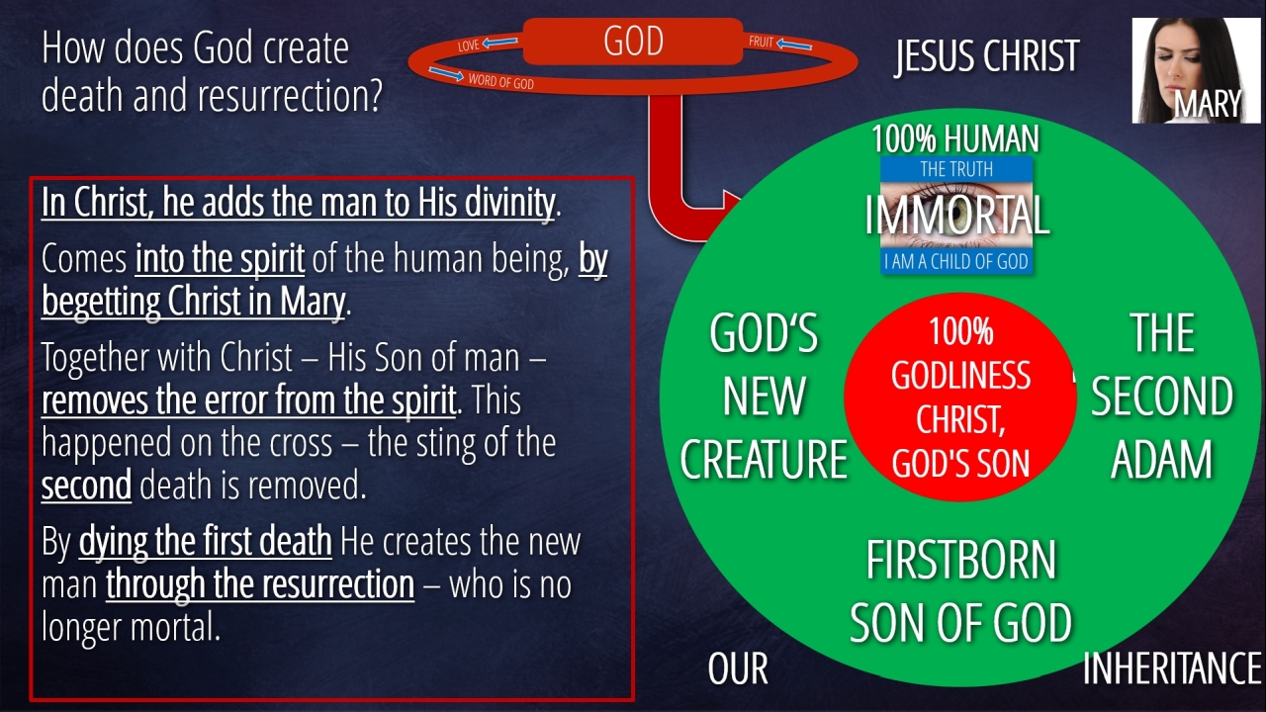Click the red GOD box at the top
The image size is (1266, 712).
pyautogui.click(x=633, y=41)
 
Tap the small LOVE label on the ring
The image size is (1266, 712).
pyautogui.click(x=469, y=45)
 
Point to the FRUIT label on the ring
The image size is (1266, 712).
pyautogui.click(x=761, y=42)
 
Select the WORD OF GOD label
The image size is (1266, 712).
pyautogui.click(x=500, y=81)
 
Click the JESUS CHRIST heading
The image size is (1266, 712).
pyautogui.click(x=987, y=56)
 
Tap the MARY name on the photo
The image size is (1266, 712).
pyautogui.click(x=1208, y=104)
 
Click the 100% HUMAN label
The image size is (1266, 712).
pyautogui.click(x=955, y=138)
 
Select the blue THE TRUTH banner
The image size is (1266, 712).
pyautogui.click(x=956, y=169)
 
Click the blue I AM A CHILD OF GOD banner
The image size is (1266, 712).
pyautogui.click(x=956, y=261)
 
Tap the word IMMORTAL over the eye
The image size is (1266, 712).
pyautogui.click(x=956, y=215)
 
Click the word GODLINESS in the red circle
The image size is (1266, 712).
pyautogui.click(x=960, y=375)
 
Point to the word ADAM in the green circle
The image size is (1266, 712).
pyautogui.click(x=1161, y=459)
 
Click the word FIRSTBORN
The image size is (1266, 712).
pyautogui.click(x=960, y=560)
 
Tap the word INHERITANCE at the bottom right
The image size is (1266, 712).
pyautogui.click(x=1172, y=667)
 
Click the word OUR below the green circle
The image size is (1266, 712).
pyautogui.click(x=738, y=667)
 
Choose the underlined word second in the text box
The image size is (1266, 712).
pyautogui.click(x=86, y=486)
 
